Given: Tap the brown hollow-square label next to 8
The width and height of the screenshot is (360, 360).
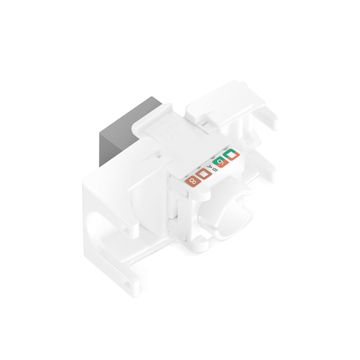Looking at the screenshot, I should tap(204, 174).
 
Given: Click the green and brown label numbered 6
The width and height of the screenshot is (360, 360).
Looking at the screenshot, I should tap(220, 163).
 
